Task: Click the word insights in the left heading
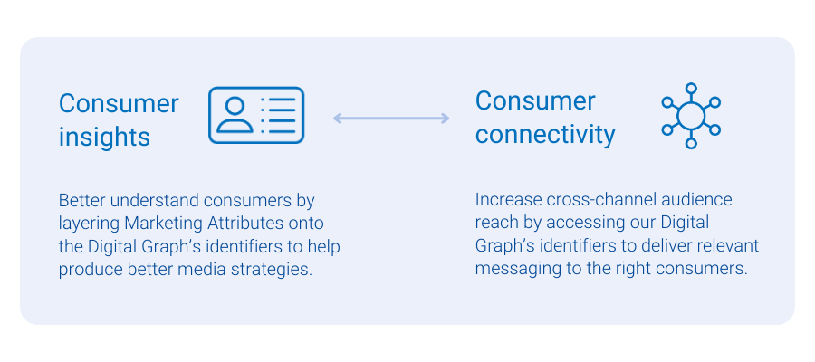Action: pos(104,137)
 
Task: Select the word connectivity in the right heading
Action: pos(545,135)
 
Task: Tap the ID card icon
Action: pos(256,115)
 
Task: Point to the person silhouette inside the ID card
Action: pos(235,115)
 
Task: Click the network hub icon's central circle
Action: pos(691,116)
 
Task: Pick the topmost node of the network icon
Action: pos(691,89)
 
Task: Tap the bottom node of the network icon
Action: pos(691,143)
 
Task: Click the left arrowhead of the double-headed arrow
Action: pos(338,118)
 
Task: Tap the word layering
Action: pos(89,223)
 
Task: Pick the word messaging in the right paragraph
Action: pos(514,270)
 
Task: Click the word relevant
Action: pos(725,246)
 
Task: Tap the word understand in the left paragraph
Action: pos(149,199)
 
